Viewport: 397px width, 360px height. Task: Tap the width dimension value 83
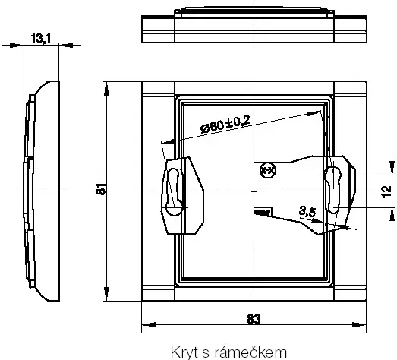click(x=254, y=319)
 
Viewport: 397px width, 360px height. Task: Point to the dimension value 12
click(x=386, y=190)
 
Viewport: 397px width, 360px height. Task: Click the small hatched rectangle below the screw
click(x=263, y=212)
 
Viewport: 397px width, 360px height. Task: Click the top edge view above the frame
click(x=254, y=26)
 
